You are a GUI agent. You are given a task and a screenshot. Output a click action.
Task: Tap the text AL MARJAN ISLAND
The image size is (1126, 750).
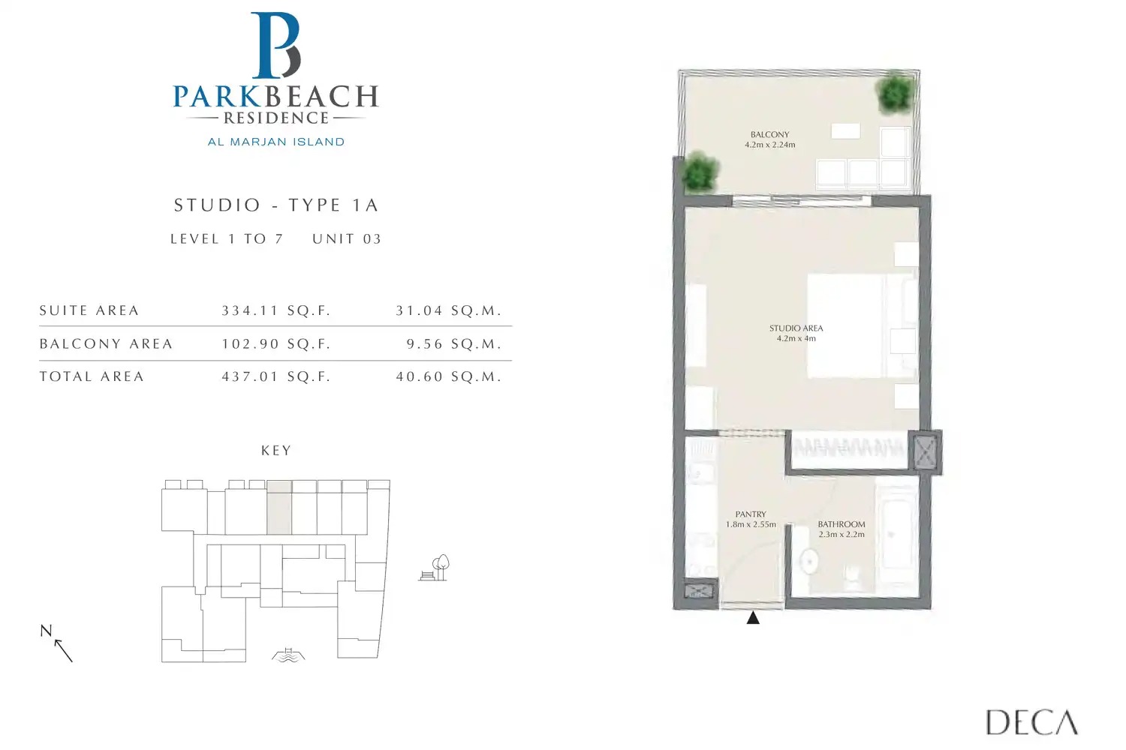[275, 142]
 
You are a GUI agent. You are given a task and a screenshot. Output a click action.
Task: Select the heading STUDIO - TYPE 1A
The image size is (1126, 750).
[275, 205]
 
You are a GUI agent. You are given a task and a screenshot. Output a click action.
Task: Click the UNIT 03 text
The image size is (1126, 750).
[347, 239]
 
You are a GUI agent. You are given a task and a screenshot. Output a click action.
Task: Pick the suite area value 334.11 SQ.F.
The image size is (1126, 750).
[275, 310]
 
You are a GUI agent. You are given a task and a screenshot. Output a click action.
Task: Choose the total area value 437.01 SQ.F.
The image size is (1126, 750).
[275, 377]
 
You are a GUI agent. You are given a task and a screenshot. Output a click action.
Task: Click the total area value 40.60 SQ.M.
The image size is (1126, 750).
[448, 377]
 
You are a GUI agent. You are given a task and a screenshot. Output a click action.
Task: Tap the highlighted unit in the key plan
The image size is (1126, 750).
[279, 508]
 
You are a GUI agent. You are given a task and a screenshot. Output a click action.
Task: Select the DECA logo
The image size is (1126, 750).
[1031, 722]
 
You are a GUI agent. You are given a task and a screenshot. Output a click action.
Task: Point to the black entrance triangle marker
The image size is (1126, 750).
[753, 618]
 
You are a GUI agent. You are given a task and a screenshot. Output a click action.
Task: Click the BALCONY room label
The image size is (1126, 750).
[769, 135]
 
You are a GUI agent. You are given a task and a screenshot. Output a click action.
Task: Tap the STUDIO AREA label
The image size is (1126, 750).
[796, 328]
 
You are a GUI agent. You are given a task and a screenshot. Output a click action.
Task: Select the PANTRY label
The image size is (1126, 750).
[751, 514]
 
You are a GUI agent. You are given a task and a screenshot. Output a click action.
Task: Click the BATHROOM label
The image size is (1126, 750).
[841, 524]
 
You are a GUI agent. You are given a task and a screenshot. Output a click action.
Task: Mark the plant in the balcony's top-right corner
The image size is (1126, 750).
[895, 93]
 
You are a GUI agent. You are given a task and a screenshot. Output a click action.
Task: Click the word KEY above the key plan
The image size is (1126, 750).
[275, 451]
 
